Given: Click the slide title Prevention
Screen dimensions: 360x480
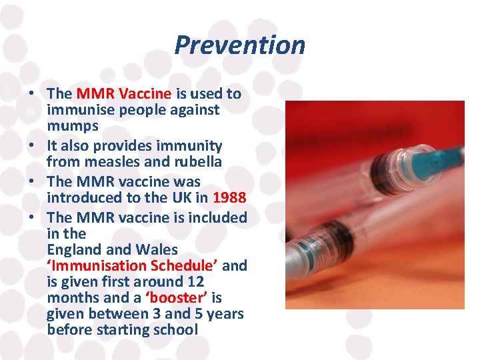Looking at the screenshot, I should tap(239, 45).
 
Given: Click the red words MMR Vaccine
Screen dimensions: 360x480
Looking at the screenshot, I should tap(123, 94).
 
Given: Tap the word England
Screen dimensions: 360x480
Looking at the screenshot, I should tap(77, 249).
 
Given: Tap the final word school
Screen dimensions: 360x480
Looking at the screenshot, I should tap(176, 329).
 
